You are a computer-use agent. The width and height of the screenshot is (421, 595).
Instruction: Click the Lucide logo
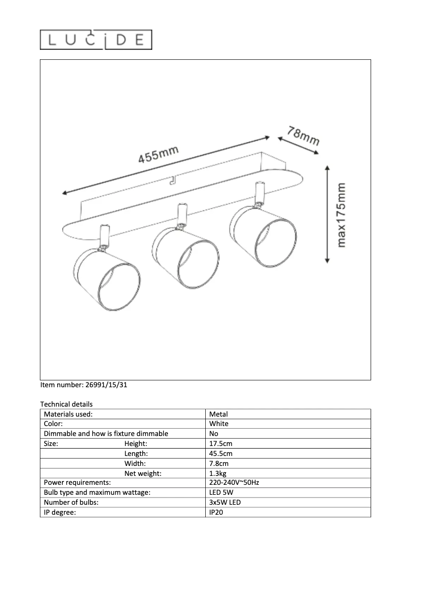(96, 40)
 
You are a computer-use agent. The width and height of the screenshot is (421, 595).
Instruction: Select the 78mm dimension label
(303, 135)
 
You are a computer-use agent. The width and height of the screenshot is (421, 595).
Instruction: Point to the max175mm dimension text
(342, 215)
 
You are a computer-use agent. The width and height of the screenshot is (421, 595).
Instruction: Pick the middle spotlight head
(185, 259)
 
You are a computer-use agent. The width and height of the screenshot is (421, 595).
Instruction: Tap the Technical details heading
(66, 404)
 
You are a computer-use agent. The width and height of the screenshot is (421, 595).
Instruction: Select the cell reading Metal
(218, 414)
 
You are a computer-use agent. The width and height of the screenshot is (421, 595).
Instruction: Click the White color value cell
(219, 423)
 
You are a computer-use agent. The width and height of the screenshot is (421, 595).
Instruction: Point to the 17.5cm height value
(220, 443)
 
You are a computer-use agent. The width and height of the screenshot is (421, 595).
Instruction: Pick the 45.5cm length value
(220, 453)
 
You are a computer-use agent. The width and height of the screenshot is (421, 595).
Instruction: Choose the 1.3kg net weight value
(218, 473)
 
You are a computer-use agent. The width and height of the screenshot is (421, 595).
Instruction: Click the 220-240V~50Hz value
(234, 483)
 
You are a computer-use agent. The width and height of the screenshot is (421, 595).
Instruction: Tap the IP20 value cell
(217, 512)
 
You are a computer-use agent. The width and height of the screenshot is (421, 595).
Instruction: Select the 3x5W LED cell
(225, 502)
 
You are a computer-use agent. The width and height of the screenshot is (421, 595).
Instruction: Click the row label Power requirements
(77, 483)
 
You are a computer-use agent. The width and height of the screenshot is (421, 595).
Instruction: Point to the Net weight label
(143, 473)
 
